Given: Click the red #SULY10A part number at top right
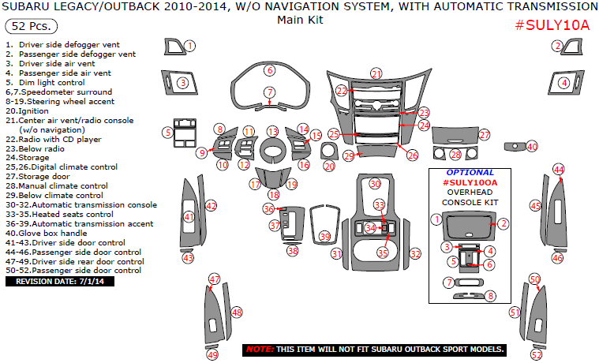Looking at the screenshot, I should (552, 24).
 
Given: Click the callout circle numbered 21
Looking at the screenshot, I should (376, 73).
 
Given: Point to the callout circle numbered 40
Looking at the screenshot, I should (532, 146).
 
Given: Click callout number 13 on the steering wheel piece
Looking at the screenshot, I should (272, 131).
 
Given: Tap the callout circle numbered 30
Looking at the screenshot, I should (376, 183).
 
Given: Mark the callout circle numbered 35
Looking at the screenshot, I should (383, 253).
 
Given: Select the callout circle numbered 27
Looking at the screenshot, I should (485, 135).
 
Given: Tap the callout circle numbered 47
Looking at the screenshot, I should (214, 279).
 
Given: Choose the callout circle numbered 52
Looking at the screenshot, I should (537, 355).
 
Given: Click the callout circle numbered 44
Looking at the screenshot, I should (559, 170).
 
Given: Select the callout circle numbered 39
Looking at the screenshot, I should (324, 237).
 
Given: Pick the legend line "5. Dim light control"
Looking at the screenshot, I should (45, 82).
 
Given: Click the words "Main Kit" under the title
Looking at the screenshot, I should (299, 19).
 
